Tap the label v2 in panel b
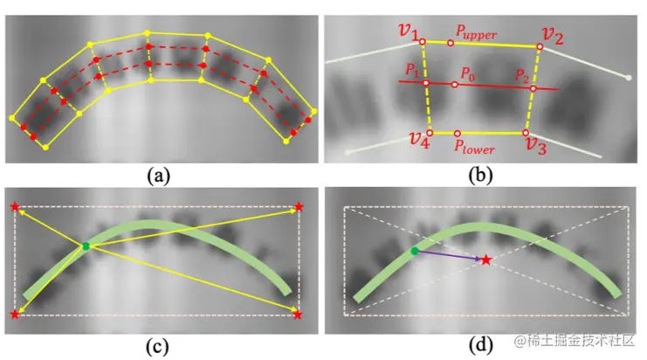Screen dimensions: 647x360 pyautogui.click(x=553, y=34)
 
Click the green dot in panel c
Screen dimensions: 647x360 pyautogui.click(x=86, y=246)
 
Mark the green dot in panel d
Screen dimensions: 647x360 pyautogui.click(x=415, y=251)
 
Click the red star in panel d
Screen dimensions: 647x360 pyautogui.click(x=486, y=260)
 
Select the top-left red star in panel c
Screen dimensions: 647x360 pyautogui.click(x=14, y=207)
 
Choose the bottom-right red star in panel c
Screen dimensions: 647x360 pyautogui.click(x=299, y=313)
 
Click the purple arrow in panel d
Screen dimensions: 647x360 pyautogui.click(x=450, y=255)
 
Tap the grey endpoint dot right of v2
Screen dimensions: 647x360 pyautogui.click(x=629, y=78)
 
